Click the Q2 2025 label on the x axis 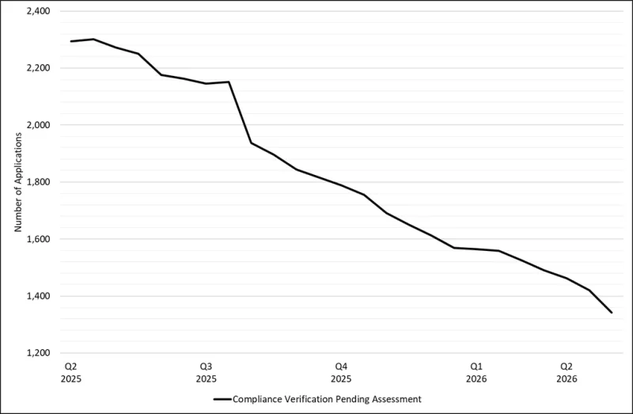click(x=70, y=373)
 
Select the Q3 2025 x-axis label click(x=206, y=373)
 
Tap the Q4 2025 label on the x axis click(x=341, y=373)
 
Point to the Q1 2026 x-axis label click(x=476, y=373)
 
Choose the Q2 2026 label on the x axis click(x=567, y=373)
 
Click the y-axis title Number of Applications click(x=17, y=182)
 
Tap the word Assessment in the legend click(x=396, y=399)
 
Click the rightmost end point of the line click(x=612, y=313)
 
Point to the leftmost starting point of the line click(x=70, y=41)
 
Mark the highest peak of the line click(x=93, y=39)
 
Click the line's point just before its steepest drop click(x=229, y=82)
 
